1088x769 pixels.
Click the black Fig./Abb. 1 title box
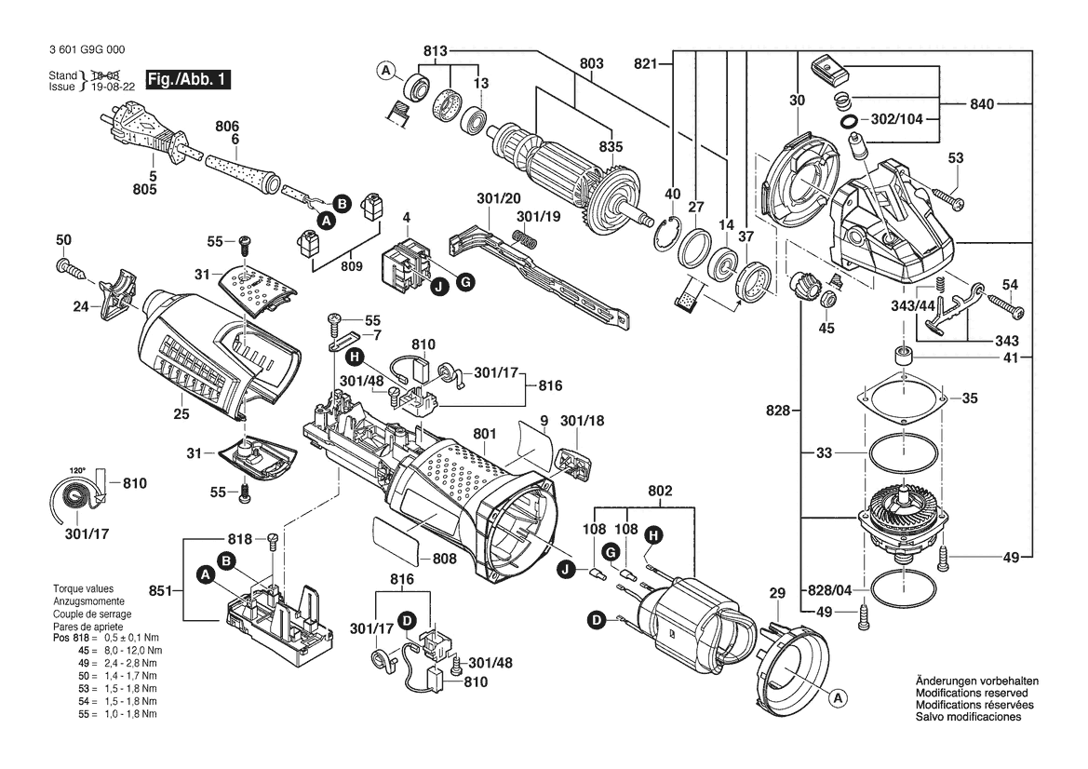point(188,79)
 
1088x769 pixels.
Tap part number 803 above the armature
point(591,63)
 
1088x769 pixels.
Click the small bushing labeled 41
point(903,356)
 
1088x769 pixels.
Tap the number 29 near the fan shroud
point(777,593)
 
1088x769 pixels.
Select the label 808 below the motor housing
point(444,559)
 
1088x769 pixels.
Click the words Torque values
point(83,588)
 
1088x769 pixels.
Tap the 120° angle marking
point(77,470)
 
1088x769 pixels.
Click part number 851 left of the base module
point(161,591)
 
